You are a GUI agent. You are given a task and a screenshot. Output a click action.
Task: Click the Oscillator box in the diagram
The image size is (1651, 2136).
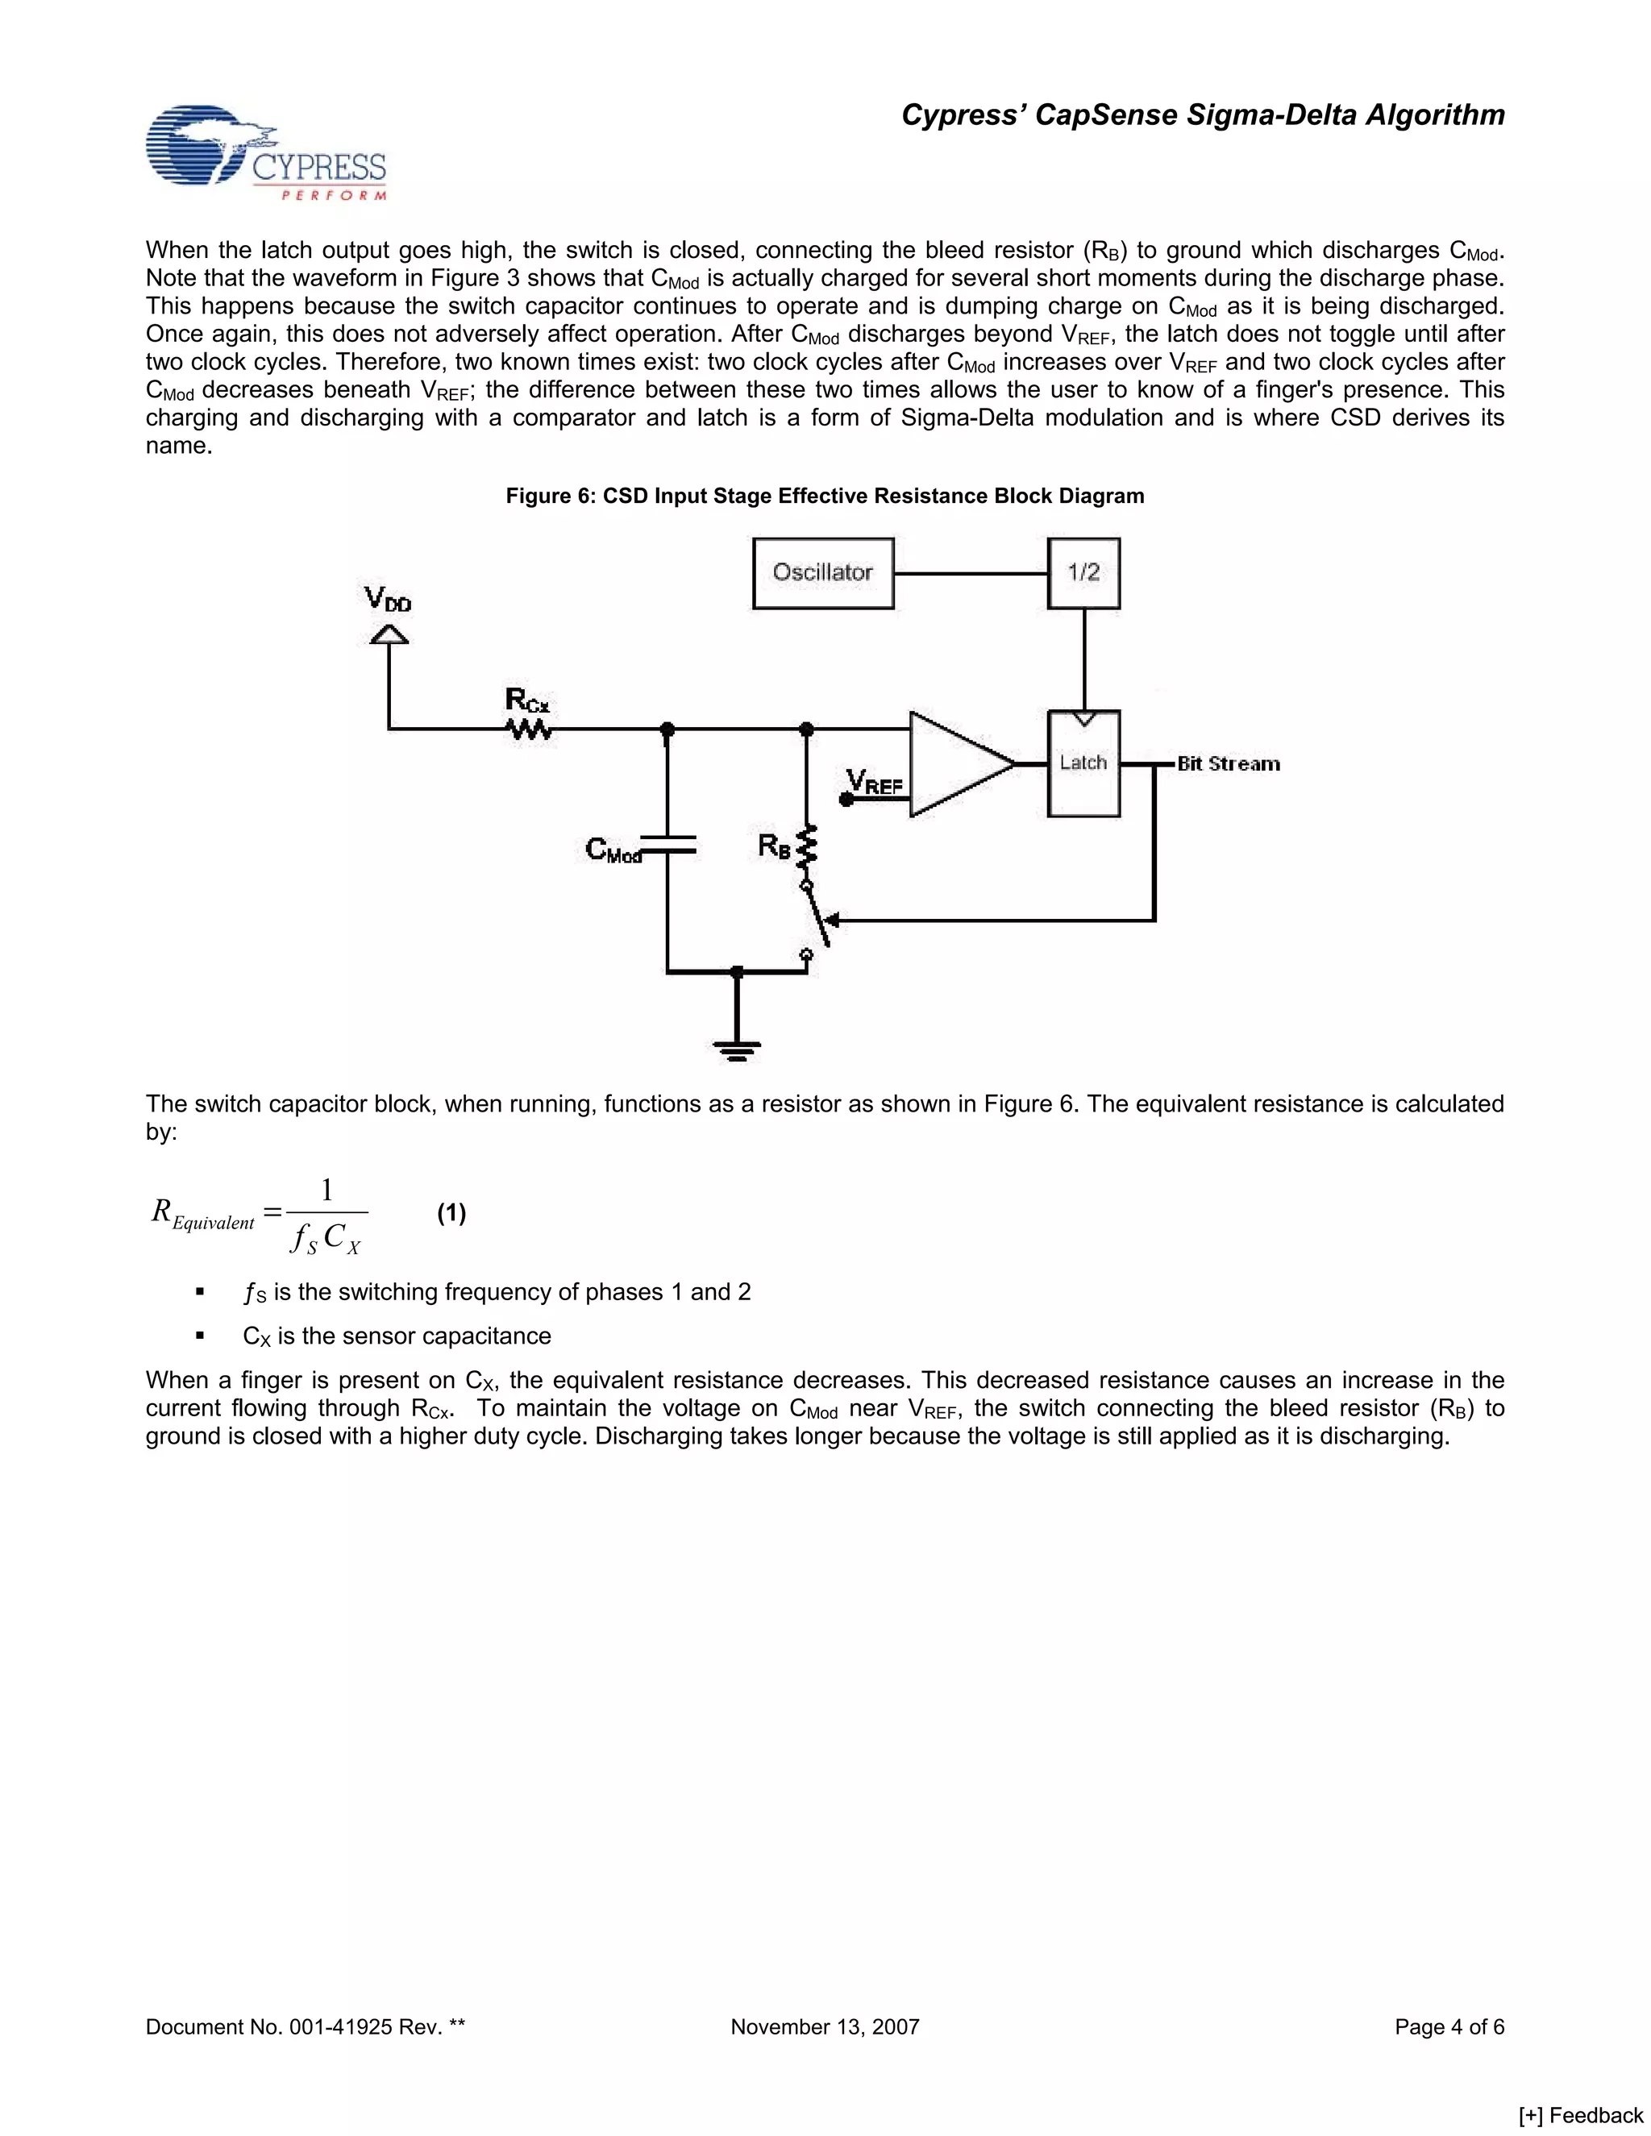[x=822, y=573]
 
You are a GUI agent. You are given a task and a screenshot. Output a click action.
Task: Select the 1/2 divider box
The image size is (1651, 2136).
[x=1083, y=573]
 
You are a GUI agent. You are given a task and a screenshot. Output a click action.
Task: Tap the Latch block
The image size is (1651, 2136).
[x=1083, y=764]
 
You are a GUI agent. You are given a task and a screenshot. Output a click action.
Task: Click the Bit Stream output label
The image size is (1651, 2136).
[x=1229, y=764]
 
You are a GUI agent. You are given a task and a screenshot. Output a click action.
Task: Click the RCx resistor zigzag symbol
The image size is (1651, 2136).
[x=529, y=729]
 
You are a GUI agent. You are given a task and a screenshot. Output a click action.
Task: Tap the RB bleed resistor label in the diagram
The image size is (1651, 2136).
[x=774, y=847]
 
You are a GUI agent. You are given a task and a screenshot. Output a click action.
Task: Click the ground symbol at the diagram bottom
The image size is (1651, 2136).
[x=737, y=1051]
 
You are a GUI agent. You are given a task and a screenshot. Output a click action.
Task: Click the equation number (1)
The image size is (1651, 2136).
[x=451, y=1214]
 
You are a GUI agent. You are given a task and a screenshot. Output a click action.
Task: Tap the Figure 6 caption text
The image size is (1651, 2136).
[x=825, y=496]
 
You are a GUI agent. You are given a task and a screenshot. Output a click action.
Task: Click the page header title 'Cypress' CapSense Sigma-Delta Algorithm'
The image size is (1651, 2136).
[x=1202, y=115]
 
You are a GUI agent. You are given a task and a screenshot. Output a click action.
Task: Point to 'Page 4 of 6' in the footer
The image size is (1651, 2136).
[x=1449, y=2027]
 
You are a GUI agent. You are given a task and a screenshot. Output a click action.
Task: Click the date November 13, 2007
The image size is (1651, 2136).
[x=825, y=2027]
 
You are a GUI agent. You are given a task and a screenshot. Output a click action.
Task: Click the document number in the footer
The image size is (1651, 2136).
[x=306, y=2027]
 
